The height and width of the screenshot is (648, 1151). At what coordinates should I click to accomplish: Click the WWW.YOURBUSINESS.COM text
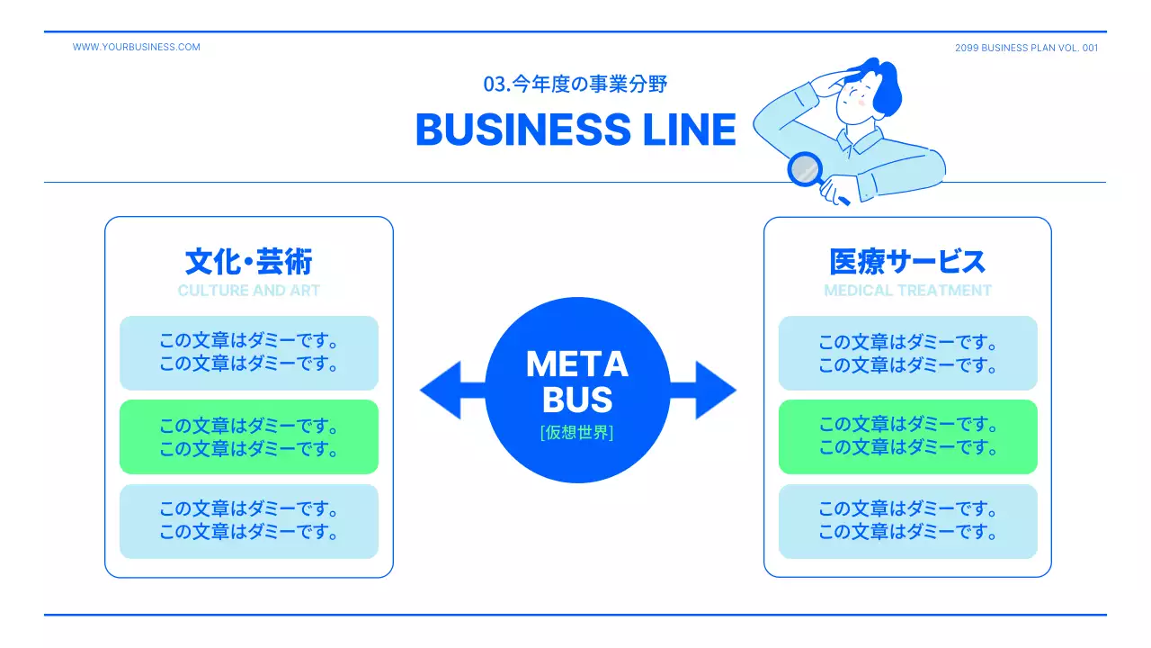pyautogui.click(x=137, y=47)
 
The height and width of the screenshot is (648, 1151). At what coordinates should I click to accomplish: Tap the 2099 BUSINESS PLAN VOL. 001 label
pyautogui.click(x=1026, y=48)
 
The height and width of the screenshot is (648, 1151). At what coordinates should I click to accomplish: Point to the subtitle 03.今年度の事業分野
pyautogui.click(x=575, y=85)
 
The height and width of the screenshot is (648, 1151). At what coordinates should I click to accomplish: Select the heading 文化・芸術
pyautogui.click(x=249, y=262)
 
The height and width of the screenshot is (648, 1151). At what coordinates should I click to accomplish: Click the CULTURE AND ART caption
pyautogui.click(x=249, y=291)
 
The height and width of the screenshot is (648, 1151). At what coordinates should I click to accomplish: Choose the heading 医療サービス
pyautogui.click(x=907, y=262)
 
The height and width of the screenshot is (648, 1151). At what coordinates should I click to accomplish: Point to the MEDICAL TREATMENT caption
pyautogui.click(x=907, y=291)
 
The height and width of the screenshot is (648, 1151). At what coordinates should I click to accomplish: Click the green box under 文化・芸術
pyautogui.click(x=249, y=436)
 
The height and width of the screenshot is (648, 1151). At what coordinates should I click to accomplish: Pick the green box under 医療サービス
pyautogui.click(x=907, y=436)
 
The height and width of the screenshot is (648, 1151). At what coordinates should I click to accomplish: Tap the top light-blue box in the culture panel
pyautogui.click(x=249, y=353)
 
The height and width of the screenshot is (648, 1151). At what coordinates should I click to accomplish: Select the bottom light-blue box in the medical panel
pyautogui.click(x=907, y=521)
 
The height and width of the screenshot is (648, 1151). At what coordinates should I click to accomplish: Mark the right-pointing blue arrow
pyautogui.click(x=709, y=390)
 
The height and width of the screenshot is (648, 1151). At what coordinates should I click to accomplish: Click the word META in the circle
pyautogui.click(x=577, y=364)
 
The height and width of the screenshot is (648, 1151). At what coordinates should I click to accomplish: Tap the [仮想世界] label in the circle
pyautogui.click(x=577, y=433)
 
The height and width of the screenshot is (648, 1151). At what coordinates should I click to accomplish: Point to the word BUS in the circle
pyautogui.click(x=577, y=400)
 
